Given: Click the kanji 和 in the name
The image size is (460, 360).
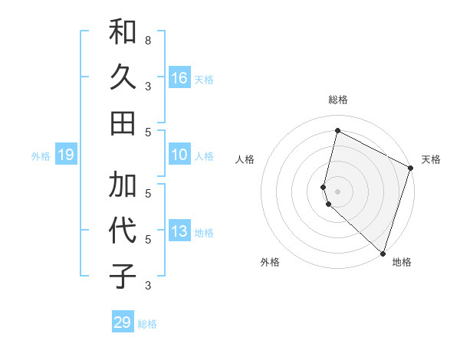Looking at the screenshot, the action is [123, 32].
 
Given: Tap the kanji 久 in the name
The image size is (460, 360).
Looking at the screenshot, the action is [123, 77].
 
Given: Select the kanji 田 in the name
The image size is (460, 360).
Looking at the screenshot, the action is [123, 123].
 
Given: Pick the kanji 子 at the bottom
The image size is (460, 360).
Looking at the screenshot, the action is [123, 276].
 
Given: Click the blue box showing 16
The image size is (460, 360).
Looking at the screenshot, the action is [179, 77].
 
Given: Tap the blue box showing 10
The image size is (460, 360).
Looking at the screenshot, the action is [179, 155].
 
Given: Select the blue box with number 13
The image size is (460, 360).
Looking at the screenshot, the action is [179, 231].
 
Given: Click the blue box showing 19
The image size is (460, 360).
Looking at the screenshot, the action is [66, 155].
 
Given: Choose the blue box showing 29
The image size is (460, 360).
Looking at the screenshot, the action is [123, 322].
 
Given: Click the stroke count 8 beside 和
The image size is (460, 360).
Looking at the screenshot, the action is [147, 40].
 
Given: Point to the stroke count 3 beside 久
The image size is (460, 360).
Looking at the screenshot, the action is [147, 86].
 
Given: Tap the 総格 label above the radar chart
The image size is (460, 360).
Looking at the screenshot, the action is [338, 100].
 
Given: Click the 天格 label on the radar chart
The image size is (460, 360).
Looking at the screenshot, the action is [431, 159].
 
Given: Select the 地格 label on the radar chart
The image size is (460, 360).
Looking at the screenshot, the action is [402, 262].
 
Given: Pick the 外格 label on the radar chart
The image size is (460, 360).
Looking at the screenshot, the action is [270, 262].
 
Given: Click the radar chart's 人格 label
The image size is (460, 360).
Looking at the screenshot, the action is [245, 159].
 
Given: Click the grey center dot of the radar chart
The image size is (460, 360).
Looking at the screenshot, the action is [337, 191].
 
